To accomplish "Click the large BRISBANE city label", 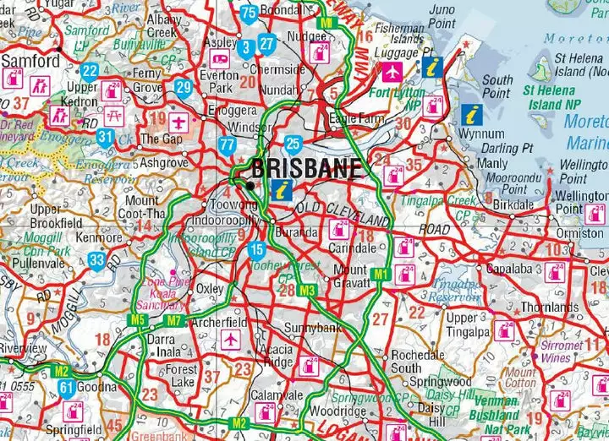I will [x=306, y=167].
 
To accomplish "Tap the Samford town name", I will [x=30, y=61].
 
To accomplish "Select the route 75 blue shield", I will [x=249, y=12].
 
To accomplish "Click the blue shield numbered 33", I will [x=97, y=260].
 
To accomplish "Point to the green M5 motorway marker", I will [x=138, y=319].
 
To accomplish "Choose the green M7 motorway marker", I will [x=174, y=320].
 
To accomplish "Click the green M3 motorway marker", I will [x=308, y=291].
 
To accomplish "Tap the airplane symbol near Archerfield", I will [x=230, y=340].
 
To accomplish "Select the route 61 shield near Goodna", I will [x=66, y=388].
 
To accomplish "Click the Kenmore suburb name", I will [x=100, y=237].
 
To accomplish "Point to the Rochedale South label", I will [x=418, y=362].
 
